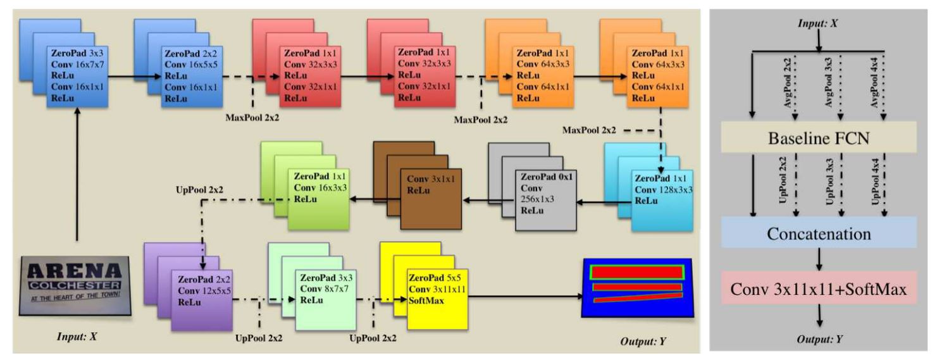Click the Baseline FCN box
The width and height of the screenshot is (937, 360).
(819, 138)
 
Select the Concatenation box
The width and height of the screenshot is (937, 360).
(819, 233)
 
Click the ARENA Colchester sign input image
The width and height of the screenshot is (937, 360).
(76, 285)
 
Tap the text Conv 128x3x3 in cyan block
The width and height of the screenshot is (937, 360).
(663, 190)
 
